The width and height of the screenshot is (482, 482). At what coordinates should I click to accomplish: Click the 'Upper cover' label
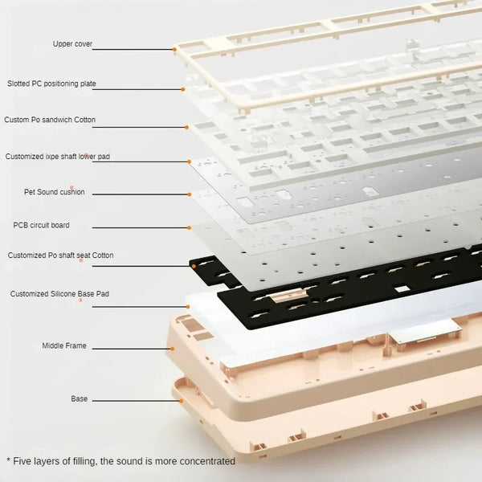(71, 43)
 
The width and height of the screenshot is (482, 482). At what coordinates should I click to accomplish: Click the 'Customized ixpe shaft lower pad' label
(58, 156)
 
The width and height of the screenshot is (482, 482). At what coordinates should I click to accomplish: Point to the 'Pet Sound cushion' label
(54, 192)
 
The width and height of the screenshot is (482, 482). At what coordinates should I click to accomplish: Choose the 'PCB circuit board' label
(41, 225)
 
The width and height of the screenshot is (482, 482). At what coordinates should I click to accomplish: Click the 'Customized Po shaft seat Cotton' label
(60, 255)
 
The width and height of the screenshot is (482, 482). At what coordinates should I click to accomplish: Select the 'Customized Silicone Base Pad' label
(59, 294)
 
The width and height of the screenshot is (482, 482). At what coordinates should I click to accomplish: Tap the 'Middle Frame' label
(64, 345)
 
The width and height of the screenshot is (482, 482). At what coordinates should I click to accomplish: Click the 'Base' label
(80, 398)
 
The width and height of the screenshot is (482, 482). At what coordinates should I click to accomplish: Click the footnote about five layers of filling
(120, 461)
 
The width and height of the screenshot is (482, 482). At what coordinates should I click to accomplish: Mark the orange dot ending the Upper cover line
(174, 49)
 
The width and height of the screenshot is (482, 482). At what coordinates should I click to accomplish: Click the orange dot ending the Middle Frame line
(171, 349)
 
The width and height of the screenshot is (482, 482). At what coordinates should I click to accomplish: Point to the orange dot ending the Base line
(182, 400)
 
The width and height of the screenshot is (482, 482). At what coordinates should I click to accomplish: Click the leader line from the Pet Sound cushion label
(145, 194)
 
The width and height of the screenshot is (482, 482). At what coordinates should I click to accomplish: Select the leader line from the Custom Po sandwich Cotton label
(145, 125)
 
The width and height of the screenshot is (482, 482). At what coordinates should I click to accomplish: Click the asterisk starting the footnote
(8, 461)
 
